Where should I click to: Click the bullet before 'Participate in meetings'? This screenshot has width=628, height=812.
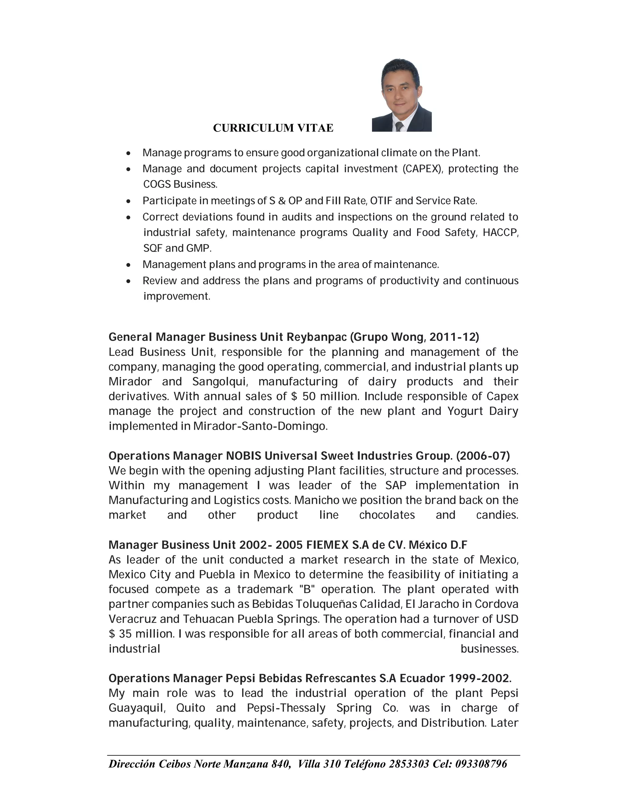(x=128, y=201)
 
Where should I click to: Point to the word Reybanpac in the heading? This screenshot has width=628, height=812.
(x=316, y=337)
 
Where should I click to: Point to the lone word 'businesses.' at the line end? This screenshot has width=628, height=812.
(x=489, y=649)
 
